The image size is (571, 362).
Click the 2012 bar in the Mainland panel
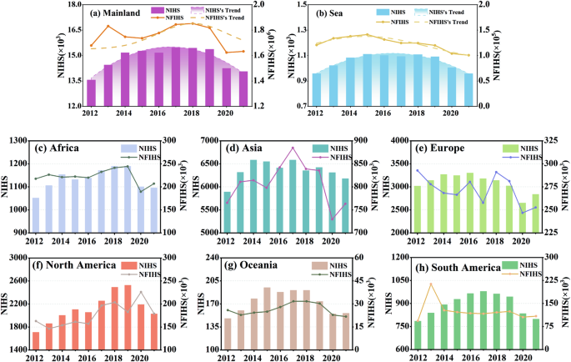click(91, 93)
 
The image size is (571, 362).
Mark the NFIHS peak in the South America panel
click(431, 284)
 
